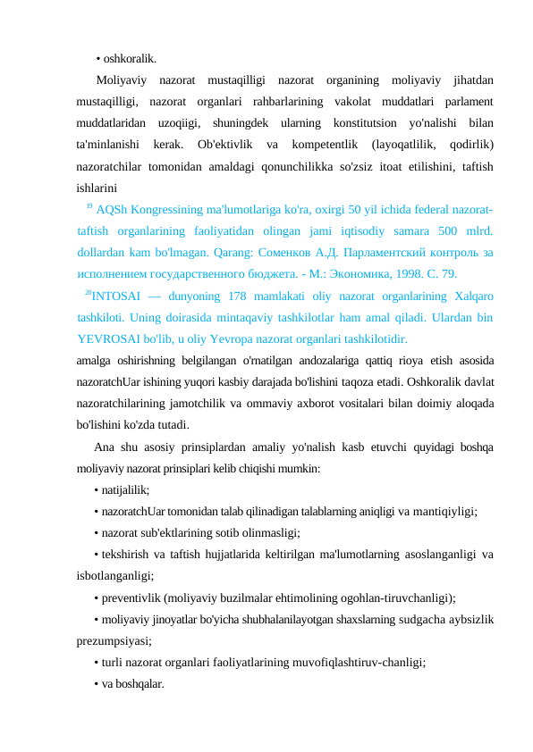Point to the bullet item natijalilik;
125,489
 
